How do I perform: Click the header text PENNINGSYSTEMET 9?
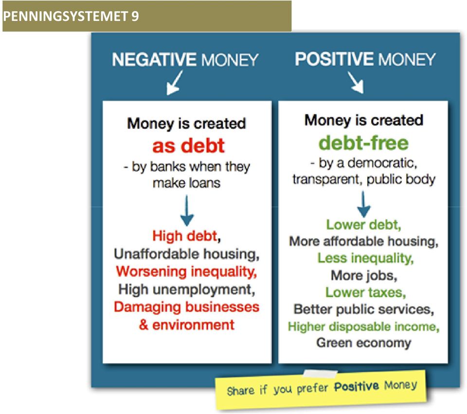(71, 16)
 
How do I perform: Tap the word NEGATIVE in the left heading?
(154, 59)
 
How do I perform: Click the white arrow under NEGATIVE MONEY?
(175, 83)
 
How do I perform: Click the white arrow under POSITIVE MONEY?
(356, 82)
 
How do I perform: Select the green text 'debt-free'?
(363, 143)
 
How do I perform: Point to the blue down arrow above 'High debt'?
(187, 210)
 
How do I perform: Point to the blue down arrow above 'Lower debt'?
(363, 204)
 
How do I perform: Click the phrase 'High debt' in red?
(185, 236)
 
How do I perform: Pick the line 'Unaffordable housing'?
(186, 254)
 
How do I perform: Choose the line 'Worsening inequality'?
(186, 272)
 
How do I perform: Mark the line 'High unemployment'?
(186, 290)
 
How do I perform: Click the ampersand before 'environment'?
(144, 325)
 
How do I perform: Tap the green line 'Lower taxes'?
(365, 293)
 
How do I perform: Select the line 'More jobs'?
(364, 276)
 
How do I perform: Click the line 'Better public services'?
(364, 310)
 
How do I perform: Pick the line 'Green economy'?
(364, 343)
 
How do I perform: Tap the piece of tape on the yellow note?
(320, 374)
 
